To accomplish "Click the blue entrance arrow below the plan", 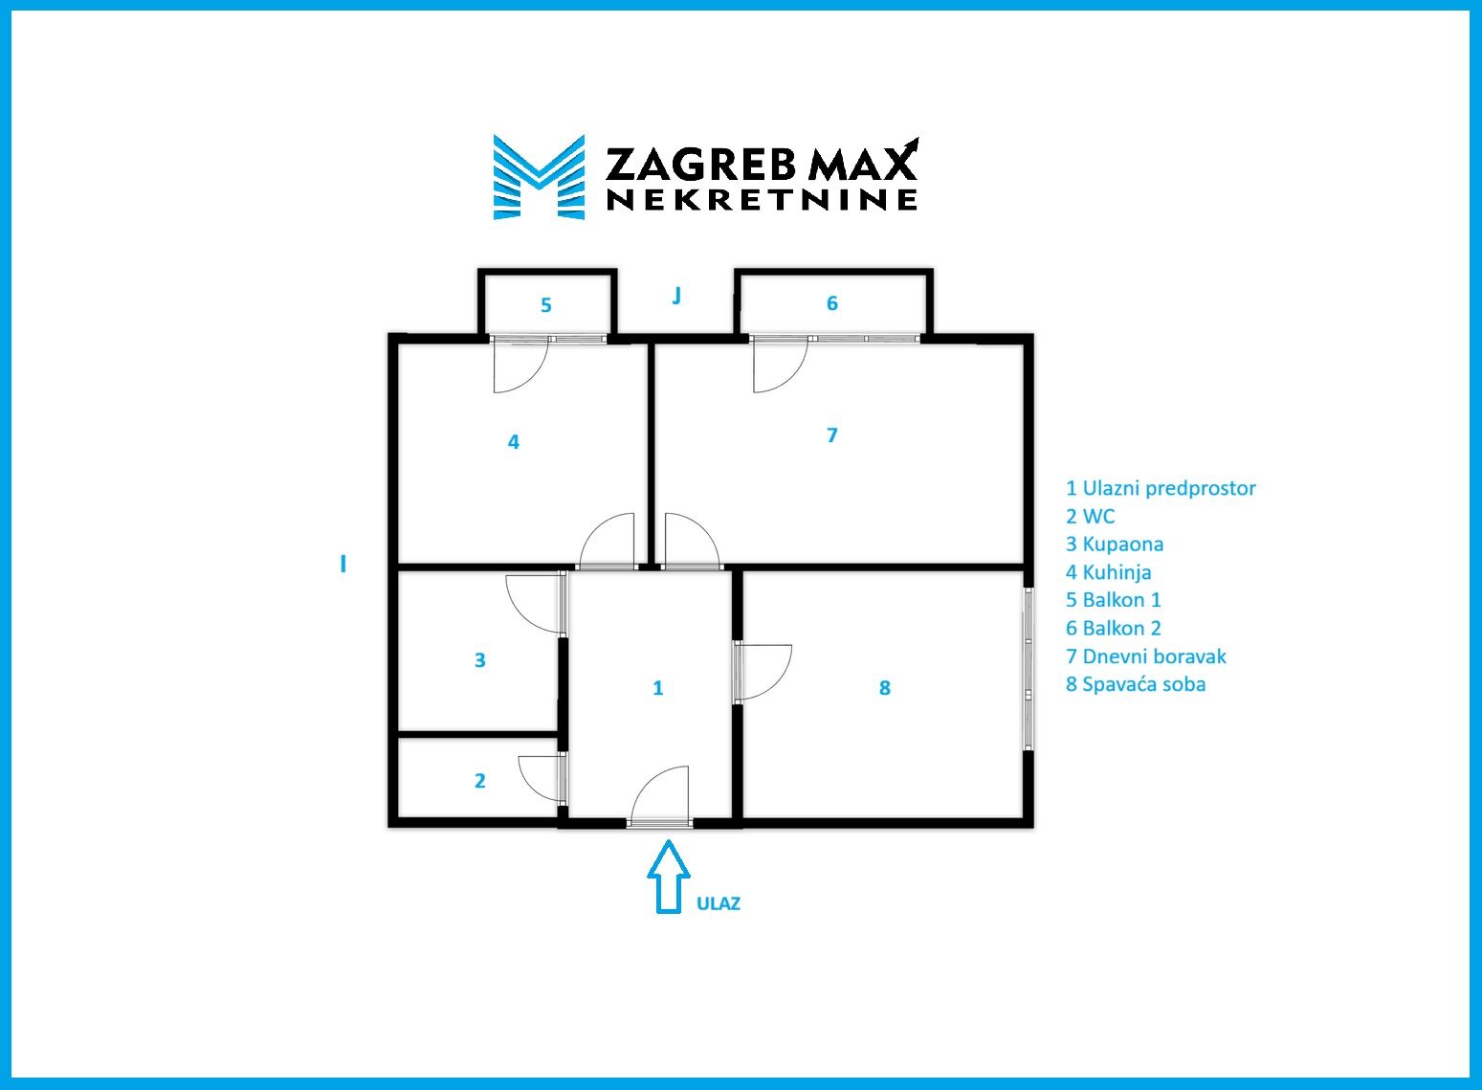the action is point(668,877).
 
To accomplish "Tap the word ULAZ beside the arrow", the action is point(718,904).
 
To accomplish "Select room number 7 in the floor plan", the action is point(832,434).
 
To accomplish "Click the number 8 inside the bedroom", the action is point(885,688).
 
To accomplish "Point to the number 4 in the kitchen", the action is point(514,442).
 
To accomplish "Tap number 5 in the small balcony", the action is point(546,305).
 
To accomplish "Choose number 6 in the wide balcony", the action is point(832,303).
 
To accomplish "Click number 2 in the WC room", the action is point(480,781).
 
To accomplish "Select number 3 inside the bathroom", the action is point(480,659).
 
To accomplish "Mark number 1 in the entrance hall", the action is point(657,688).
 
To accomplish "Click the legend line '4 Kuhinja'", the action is point(1108,572).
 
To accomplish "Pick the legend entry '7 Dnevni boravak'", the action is point(1146,656).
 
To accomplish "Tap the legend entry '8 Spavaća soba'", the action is point(1136,684).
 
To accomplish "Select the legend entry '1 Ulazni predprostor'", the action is point(1161,488).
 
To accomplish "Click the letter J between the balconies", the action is point(676,295).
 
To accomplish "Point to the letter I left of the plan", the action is point(343,565).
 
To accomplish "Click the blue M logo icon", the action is point(540,177).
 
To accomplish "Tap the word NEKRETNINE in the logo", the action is point(762,200).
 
